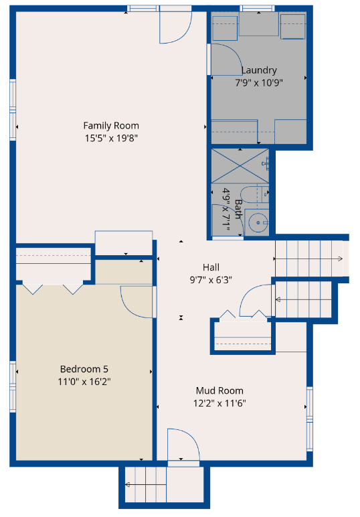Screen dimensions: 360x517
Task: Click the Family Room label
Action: (x=111, y=126)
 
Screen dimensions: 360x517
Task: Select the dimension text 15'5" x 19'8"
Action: (x=111, y=138)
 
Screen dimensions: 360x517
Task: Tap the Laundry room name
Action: (x=259, y=70)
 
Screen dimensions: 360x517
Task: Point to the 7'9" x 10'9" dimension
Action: (x=259, y=82)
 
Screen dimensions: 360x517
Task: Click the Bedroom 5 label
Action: (x=84, y=369)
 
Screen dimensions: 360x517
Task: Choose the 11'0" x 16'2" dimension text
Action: (x=84, y=382)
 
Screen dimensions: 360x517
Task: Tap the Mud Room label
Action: (x=219, y=390)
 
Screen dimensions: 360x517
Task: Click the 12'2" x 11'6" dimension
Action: (x=219, y=403)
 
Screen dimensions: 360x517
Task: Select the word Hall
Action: (x=211, y=267)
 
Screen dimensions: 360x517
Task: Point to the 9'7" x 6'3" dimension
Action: (x=211, y=280)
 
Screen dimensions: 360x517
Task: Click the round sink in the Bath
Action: (x=258, y=222)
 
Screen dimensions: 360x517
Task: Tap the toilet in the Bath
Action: (x=254, y=194)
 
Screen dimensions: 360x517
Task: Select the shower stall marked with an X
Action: (x=240, y=166)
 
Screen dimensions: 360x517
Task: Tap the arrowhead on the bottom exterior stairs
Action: (x=127, y=484)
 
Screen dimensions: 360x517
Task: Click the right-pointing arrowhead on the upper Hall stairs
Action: (x=340, y=258)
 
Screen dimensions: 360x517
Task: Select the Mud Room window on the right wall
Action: (x=310, y=419)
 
